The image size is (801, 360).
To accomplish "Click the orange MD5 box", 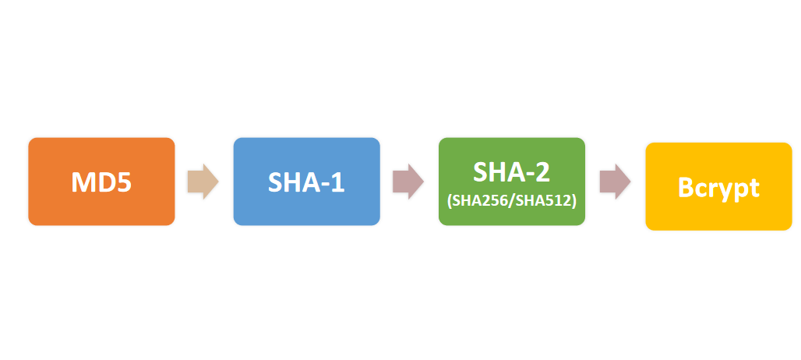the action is click(101, 182).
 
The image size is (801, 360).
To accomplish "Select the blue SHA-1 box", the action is click(306, 182).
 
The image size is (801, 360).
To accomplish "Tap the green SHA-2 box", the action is click(512, 182).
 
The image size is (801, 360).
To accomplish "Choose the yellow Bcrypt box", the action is click(718, 186).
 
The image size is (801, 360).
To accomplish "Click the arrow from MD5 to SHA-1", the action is click(203, 182).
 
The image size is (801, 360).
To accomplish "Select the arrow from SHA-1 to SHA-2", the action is click(408, 182).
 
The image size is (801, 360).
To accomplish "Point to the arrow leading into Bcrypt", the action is click(615, 182).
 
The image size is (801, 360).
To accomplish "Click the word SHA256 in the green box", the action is click(480, 201).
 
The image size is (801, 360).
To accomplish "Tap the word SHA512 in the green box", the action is click(544, 201).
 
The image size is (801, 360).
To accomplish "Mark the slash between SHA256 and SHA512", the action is click(512, 202).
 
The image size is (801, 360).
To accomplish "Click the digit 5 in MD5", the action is click(123, 182).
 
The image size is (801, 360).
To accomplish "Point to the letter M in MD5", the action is click(83, 182).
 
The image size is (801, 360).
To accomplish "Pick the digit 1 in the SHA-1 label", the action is click(337, 182).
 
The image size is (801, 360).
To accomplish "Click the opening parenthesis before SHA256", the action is click(450, 202).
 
